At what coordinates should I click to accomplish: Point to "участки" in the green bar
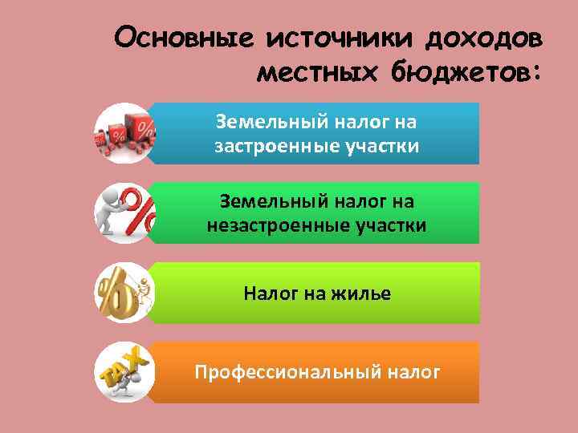tap(387, 225)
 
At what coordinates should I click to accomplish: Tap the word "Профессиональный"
tap(287, 372)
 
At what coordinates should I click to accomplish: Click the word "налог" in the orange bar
tap(413, 372)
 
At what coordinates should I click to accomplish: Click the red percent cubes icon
tap(124, 133)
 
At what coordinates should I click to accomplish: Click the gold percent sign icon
tap(116, 293)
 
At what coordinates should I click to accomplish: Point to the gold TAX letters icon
tap(123, 372)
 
